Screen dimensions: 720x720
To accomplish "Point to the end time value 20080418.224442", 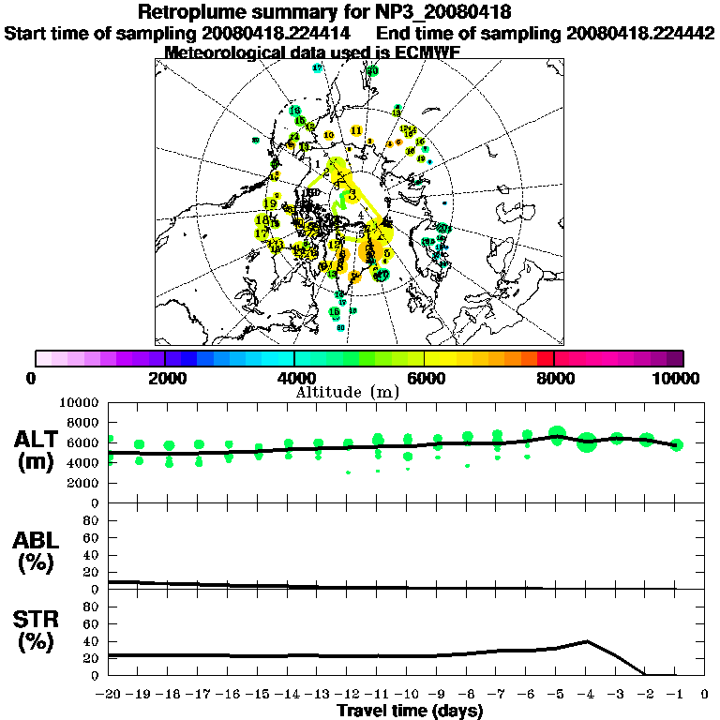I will point(640,33).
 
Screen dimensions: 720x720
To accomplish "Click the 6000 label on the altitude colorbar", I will point(424,378).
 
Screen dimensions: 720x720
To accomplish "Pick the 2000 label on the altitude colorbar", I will point(164,378).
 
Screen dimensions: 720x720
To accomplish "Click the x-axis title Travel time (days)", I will point(410,711).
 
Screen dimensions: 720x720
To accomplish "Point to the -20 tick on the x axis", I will point(109,695).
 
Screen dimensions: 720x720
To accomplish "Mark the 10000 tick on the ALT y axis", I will point(82,402).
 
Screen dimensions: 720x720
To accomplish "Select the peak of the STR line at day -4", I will point(586,641).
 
